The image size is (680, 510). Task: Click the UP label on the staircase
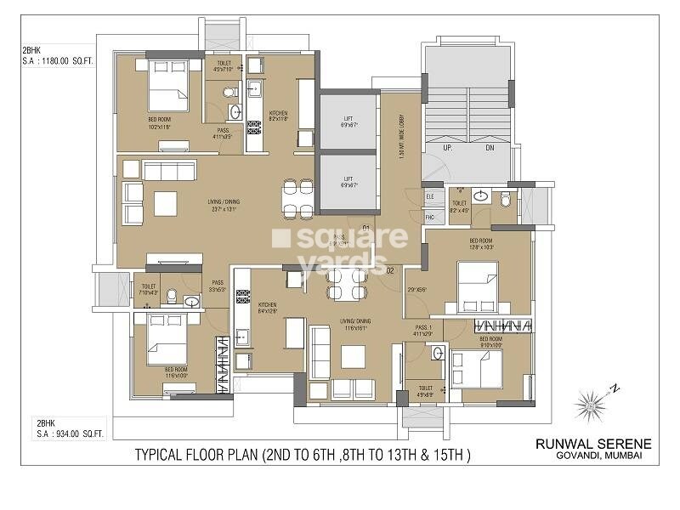(x=446, y=147)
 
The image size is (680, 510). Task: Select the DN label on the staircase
(x=489, y=147)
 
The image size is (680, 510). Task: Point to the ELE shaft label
(x=430, y=196)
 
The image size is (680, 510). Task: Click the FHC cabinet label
(x=430, y=217)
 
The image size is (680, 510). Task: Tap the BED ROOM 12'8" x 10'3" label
(x=481, y=244)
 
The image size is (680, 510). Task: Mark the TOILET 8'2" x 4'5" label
(x=460, y=207)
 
